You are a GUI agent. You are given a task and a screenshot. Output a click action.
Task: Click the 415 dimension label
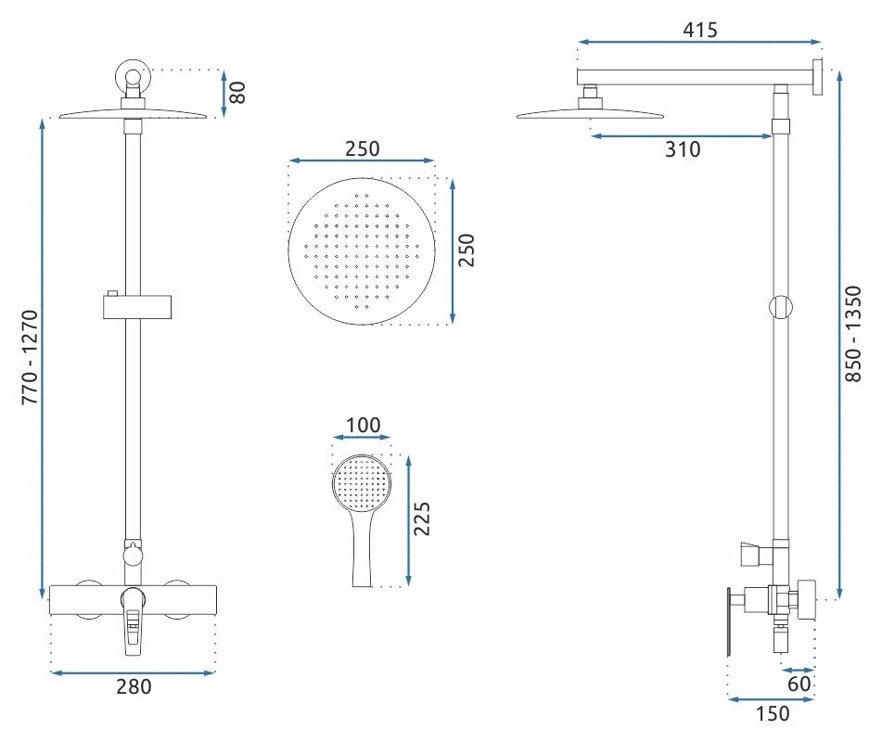pyautogui.click(x=700, y=30)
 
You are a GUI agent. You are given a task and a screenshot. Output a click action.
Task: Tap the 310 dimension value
pyautogui.click(x=683, y=149)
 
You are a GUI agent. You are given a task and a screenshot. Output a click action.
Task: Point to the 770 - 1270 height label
pyautogui.click(x=31, y=357)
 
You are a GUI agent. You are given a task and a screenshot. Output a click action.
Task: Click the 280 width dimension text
pyautogui.click(x=134, y=687)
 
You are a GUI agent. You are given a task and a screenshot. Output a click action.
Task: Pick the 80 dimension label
pyautogui.click(x=237, y=93)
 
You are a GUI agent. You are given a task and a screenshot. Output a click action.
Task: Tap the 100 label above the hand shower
pyautogui.click(x=363, y=426)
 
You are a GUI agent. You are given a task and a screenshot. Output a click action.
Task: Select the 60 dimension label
pyautogui.click(x=799, y=684)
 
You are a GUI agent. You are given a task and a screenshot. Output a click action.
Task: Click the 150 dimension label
pyautogui.click(x=772, y=714)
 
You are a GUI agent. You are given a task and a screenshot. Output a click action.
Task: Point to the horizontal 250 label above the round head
pyautogui.click(x=363, y=148)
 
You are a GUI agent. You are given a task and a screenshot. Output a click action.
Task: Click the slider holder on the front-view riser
pyautogui.click(x=135, y=305)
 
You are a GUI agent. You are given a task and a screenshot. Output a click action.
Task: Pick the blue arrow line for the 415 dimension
pyautogui.click(x=700, y=42)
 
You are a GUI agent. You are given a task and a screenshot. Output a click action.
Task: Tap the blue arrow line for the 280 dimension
pyautogui.click(x=134, y=672)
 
